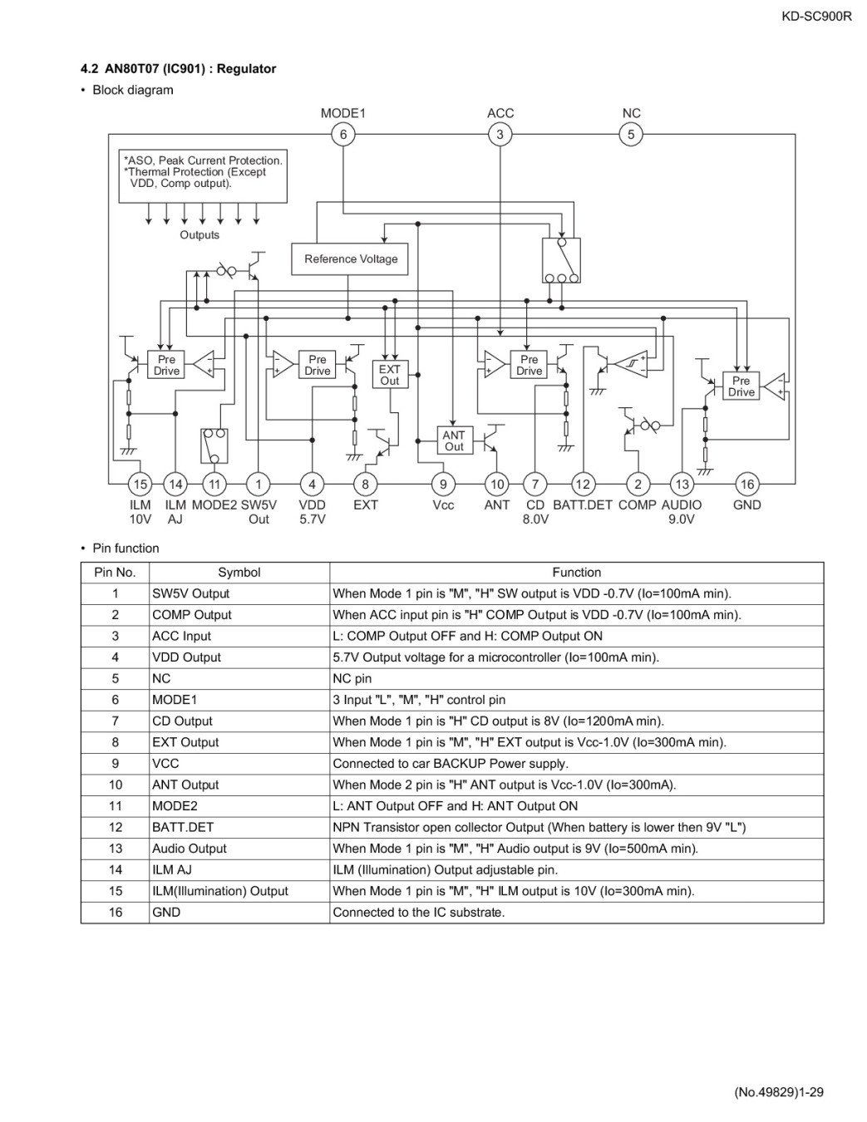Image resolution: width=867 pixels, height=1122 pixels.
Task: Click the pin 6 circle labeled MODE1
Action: tap(343, 134)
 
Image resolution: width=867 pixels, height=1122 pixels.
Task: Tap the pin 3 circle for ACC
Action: tap(500, 134)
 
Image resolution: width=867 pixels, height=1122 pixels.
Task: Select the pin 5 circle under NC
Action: tap(631, 134)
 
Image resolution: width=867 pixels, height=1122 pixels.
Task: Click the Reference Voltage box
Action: tap(350, 258)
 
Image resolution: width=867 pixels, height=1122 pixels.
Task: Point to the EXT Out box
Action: tap(389, 375)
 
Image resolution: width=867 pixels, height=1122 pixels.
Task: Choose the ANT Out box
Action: tap(454, 440)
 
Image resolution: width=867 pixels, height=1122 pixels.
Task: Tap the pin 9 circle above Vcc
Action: tap(443, 484)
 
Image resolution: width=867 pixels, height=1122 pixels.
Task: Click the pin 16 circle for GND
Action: tap(746, 484)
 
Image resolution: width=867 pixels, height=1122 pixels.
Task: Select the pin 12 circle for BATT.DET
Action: tap(583, 484)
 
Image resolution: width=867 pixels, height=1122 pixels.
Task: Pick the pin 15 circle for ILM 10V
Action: tap(140, 484)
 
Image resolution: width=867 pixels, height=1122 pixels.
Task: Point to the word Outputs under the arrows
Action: tap(200, 235)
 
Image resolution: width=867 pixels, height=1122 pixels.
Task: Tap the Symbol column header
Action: tap(239, 573)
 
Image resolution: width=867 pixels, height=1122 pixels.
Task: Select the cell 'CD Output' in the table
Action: tap(182, 721)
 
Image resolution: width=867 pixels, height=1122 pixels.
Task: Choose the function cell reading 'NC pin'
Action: tap(352, 678)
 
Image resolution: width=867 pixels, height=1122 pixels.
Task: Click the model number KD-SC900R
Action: tap(816, 15)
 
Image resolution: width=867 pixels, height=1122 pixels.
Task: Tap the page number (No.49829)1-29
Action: tap(779, 1092)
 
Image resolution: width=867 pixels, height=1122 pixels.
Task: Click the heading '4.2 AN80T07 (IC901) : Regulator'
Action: tap(179, 69)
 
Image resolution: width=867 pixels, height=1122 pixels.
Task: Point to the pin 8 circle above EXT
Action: tap(365, 484)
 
